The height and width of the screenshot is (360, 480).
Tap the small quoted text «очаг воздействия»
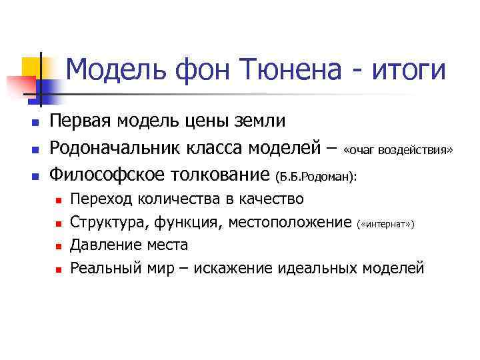pos(398,151)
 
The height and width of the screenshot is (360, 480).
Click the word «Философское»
pos(108,175)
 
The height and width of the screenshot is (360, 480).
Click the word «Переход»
pos(99,199)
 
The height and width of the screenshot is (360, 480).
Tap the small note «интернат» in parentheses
pos(387,224)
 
